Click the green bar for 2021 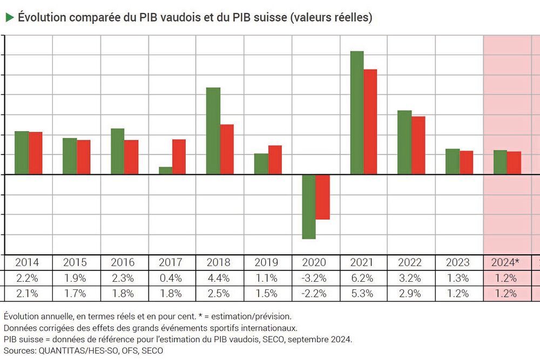(357, 113)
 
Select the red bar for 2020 (322, 197)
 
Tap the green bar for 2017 (165, 171)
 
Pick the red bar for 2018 (227, 150)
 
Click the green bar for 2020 (308, 207)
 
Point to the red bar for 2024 (514, 163)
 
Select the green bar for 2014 (22, 153)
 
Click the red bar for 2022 (418, 145)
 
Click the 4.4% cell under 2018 (219, 279)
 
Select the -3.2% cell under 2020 (315, 279)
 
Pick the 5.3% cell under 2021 (363, 294)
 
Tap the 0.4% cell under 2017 (171, 279)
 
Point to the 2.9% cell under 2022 (410, 294)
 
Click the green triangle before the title (9, 17)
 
